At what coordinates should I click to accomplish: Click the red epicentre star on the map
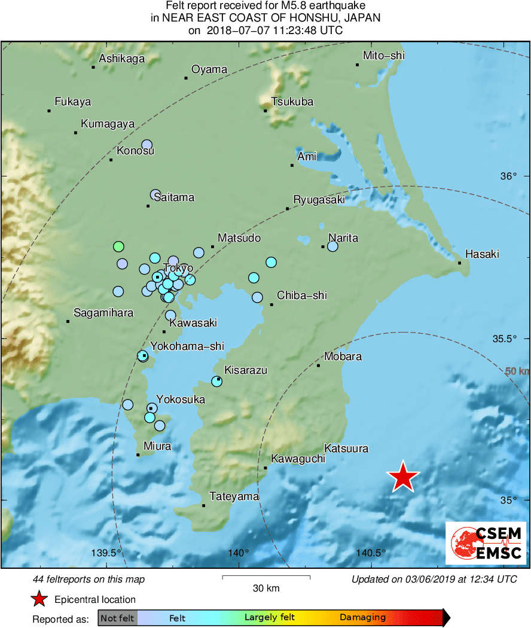(x=403, y=477)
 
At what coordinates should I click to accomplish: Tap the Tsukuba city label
(x=292, y=102)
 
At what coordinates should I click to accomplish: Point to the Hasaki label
(x=482, y=254)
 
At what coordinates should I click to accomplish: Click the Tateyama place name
(x=234, y=496)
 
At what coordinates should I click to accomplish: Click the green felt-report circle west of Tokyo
(x=119, y=246)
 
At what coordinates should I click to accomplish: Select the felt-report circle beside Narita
(x=333, y=246)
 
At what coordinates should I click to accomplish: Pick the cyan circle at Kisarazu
(x=217, y=381)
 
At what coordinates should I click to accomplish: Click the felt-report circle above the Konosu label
(x=147, y=144)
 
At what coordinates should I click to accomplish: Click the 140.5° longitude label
(x=371, y=552)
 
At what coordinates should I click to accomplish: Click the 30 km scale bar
(x=266, y=577)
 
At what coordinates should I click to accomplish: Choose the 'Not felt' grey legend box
(x=117, y=618)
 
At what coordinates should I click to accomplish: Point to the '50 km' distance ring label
(x=518, y=371)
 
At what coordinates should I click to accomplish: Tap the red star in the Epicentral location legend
(x=39, y=599)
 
